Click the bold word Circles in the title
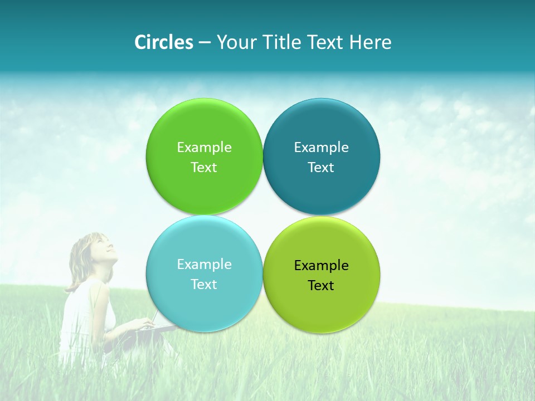coord(164,42)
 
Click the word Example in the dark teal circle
coord(321,147)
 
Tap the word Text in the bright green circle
coord(204,167)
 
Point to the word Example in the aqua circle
coord(204,264)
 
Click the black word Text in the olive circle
coord(321,285)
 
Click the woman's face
coord(101,248)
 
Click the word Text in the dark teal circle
coord(321,167)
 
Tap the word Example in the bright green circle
coord(204,147)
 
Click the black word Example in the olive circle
coord(321,265)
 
